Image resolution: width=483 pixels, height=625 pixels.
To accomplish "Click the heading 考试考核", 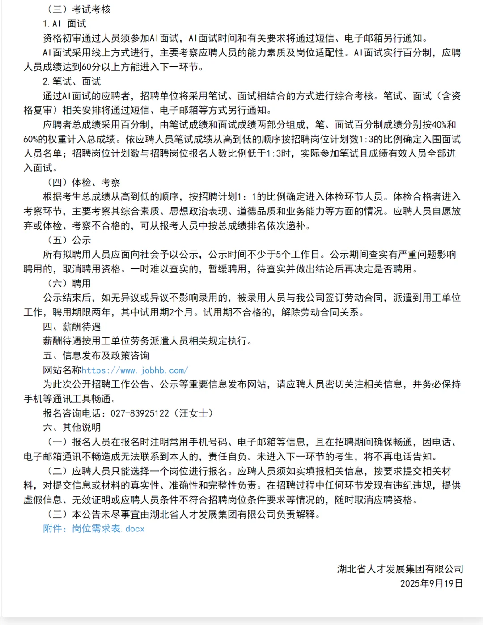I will point(91,9).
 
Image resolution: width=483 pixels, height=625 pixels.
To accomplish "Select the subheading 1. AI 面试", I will point(64,24).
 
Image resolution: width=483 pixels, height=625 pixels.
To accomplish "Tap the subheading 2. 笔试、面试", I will point(72,81).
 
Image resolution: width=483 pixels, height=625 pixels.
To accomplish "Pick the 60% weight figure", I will point(33,139).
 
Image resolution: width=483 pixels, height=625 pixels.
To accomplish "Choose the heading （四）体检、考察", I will point(84,183).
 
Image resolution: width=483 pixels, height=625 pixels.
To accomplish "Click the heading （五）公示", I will point(69,240).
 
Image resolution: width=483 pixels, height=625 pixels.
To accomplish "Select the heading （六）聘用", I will point(69,284).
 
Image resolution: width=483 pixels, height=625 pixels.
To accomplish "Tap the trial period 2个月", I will point(178,312).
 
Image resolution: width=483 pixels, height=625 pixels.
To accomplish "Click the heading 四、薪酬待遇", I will point(72,327).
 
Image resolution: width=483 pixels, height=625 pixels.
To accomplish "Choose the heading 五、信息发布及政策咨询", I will point(96,356).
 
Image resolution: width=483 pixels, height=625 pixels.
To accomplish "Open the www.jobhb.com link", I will point(135,370).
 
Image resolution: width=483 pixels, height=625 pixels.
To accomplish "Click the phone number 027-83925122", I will point(140,413).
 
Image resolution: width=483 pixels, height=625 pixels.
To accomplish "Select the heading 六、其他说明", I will point(72,428).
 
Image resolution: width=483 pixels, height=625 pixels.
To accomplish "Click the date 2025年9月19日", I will point(431,583).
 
